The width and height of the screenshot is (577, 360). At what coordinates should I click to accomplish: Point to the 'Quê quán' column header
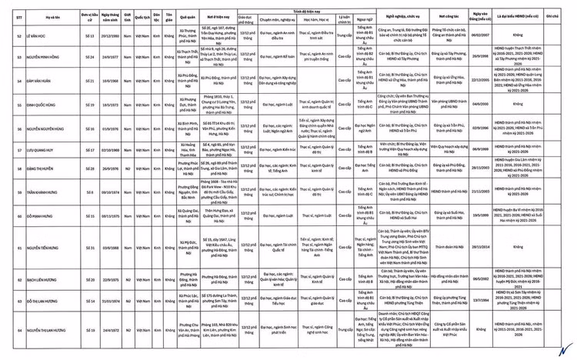point(188,15)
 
